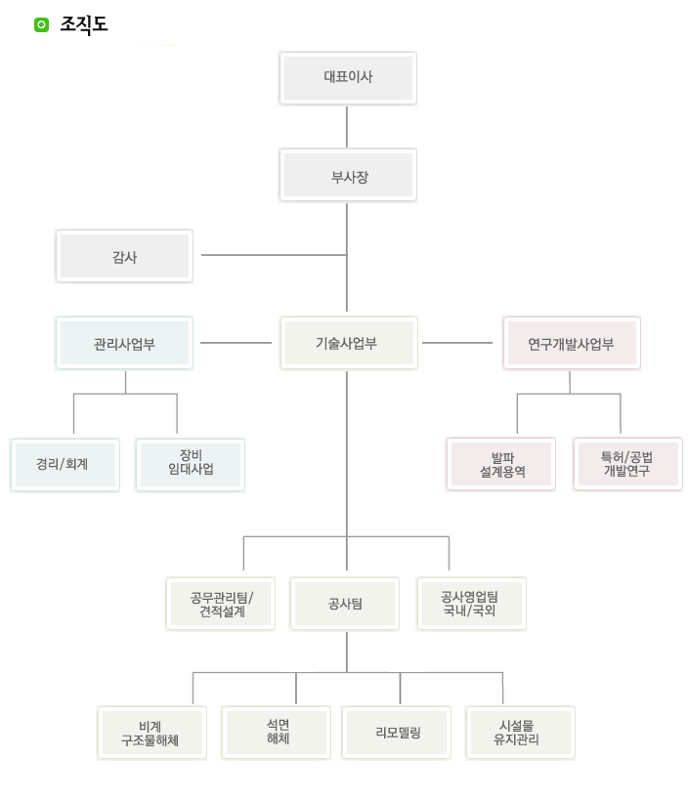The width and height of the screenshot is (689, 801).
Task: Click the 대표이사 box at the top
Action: click(x=348, y=77)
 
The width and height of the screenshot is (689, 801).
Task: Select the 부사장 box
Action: click(x=348, y=175)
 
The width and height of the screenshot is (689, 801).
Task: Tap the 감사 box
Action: click(x=124, y=256)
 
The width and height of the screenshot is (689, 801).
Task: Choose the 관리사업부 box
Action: click(x=124, y=343)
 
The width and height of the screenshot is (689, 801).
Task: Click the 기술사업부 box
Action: click(x=348, y=343)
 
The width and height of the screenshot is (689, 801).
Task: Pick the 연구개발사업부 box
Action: click(x=571, y=343)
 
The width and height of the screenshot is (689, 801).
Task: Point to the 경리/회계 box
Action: click(x=65, y=465)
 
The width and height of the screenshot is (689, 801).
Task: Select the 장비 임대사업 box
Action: click(x=190, y=465)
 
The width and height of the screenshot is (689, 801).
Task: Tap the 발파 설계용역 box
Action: click(x=501, y=464)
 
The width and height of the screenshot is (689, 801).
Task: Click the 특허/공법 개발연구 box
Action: click(x=627, y=464)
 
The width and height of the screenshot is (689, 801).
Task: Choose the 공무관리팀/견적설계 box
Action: click(x=220, y=604)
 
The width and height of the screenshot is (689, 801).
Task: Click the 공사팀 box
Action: click(x=345, y=604)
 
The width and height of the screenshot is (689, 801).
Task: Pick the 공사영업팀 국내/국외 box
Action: click(x=471, y=604)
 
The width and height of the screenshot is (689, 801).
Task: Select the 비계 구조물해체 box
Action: click(x=151, y=733)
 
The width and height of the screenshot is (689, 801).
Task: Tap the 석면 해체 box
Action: click(x=277, y=733)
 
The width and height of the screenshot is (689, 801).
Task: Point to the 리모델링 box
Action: click(x=397, y=733)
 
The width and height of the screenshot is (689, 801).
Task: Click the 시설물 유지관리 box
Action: click(x=520, y=733)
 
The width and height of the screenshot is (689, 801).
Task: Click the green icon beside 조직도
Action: click(x=41, y=25)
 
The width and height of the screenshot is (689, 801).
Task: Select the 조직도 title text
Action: click(x=83, y=25)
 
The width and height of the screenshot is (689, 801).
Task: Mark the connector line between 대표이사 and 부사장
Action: click(x=347, y=126)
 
